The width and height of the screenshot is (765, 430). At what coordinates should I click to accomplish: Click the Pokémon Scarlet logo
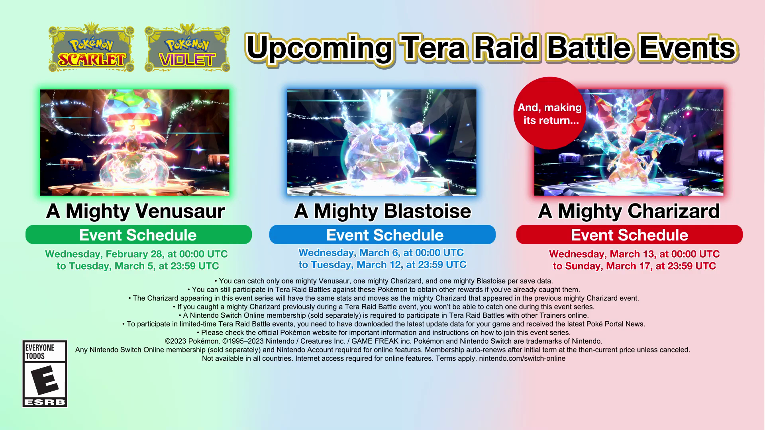(91, 49)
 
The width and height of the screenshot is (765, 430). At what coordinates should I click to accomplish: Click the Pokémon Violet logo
(187, 49)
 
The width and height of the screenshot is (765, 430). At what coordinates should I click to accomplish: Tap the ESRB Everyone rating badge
(45, 373)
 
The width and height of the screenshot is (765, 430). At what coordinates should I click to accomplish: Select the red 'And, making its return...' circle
(549, 113)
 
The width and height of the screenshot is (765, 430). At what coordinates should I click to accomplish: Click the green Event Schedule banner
(138, 235)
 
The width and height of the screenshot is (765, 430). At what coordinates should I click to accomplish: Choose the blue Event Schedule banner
(382, 235)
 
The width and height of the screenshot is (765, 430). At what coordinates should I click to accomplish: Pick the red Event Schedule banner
(630, 235)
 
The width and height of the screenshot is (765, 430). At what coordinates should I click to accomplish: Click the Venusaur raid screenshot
(135, 143)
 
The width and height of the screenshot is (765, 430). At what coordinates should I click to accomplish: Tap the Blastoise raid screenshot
(382, 143)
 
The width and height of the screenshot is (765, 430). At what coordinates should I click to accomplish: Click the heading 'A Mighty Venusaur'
(135, 211)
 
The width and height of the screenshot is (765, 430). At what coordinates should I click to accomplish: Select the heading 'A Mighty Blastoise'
(382, 211)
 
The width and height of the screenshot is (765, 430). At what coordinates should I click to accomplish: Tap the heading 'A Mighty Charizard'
(629, 211)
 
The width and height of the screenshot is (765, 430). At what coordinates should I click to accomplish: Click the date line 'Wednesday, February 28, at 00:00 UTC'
(136, 254)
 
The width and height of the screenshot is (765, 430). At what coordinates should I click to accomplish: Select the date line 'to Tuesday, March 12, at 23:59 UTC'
(382, 265)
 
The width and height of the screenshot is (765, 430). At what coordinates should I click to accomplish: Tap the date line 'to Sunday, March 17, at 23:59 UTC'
(634, 266)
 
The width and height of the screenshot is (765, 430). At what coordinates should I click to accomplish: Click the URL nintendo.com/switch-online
(522, 358)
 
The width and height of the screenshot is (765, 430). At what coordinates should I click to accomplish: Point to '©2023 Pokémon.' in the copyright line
(192, 341)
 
